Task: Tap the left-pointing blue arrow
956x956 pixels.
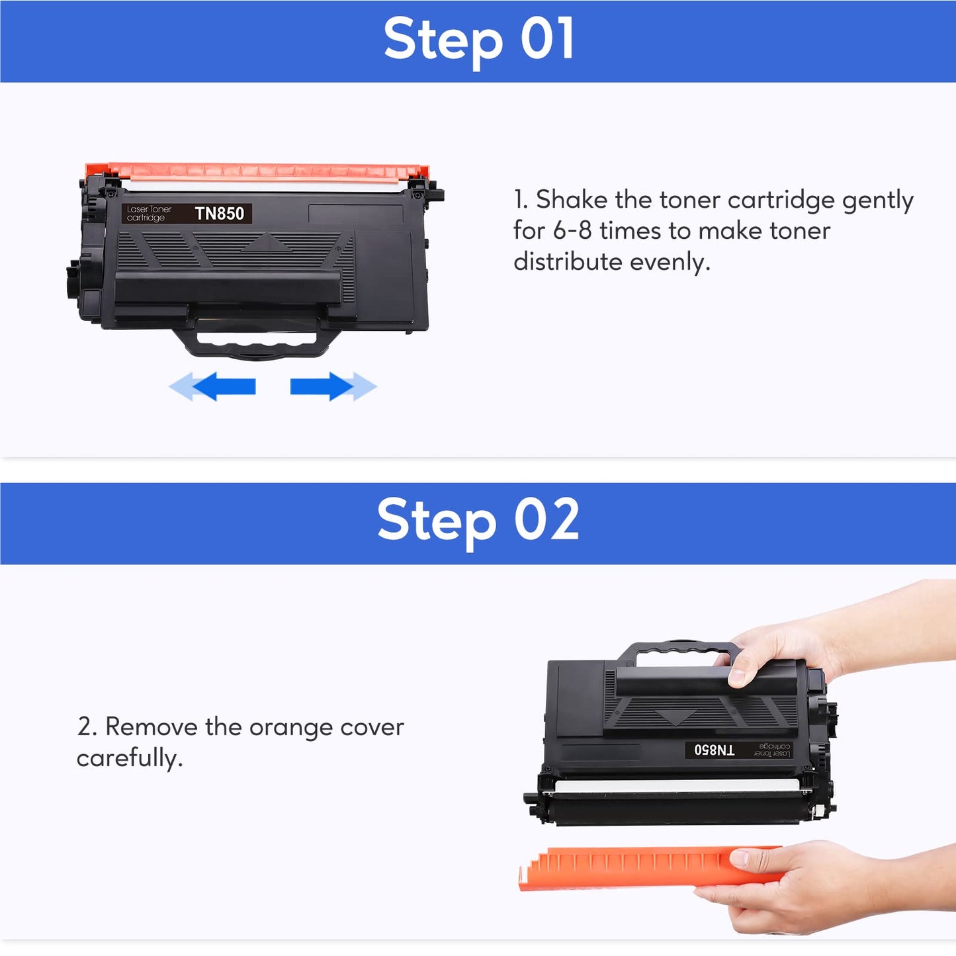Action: [x=212, y=386]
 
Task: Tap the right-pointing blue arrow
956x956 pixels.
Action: [x=333, y=386]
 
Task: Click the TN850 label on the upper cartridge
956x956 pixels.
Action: [x=219, y=213]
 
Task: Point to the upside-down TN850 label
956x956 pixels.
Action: [x=715, y=750]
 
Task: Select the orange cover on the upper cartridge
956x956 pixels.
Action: [x=257, y=171]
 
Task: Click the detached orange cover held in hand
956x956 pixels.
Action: [x=650, y=867]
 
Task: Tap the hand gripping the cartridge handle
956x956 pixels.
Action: [x=838, y=640]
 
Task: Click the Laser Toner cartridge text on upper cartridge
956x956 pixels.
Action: [x=149, y=213]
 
